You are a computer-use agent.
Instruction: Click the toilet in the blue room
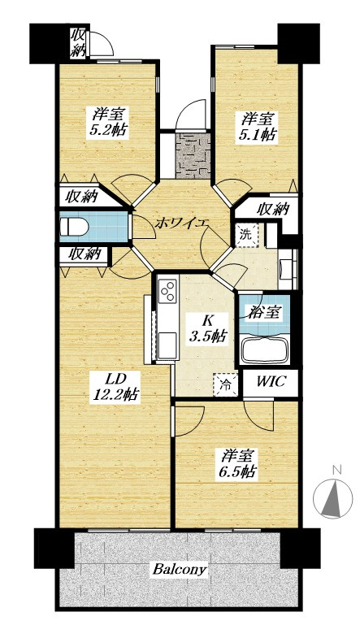[x=74, y=228]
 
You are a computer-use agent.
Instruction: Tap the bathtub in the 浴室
[x=263, y=349]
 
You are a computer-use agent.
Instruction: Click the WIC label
[x=271, y=381]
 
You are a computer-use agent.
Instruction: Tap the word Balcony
[x=180, y=569]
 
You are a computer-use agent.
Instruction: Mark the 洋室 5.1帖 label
[x=256, y=127]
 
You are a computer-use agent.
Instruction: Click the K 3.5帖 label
[x=207, y=329]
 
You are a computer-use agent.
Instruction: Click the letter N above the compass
[x=337, y=470]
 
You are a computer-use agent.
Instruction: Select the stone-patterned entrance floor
[x=193, y=156]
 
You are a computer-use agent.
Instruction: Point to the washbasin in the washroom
[x=287, y=267]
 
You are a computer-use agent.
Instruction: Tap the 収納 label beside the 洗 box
[x=273, y=208]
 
